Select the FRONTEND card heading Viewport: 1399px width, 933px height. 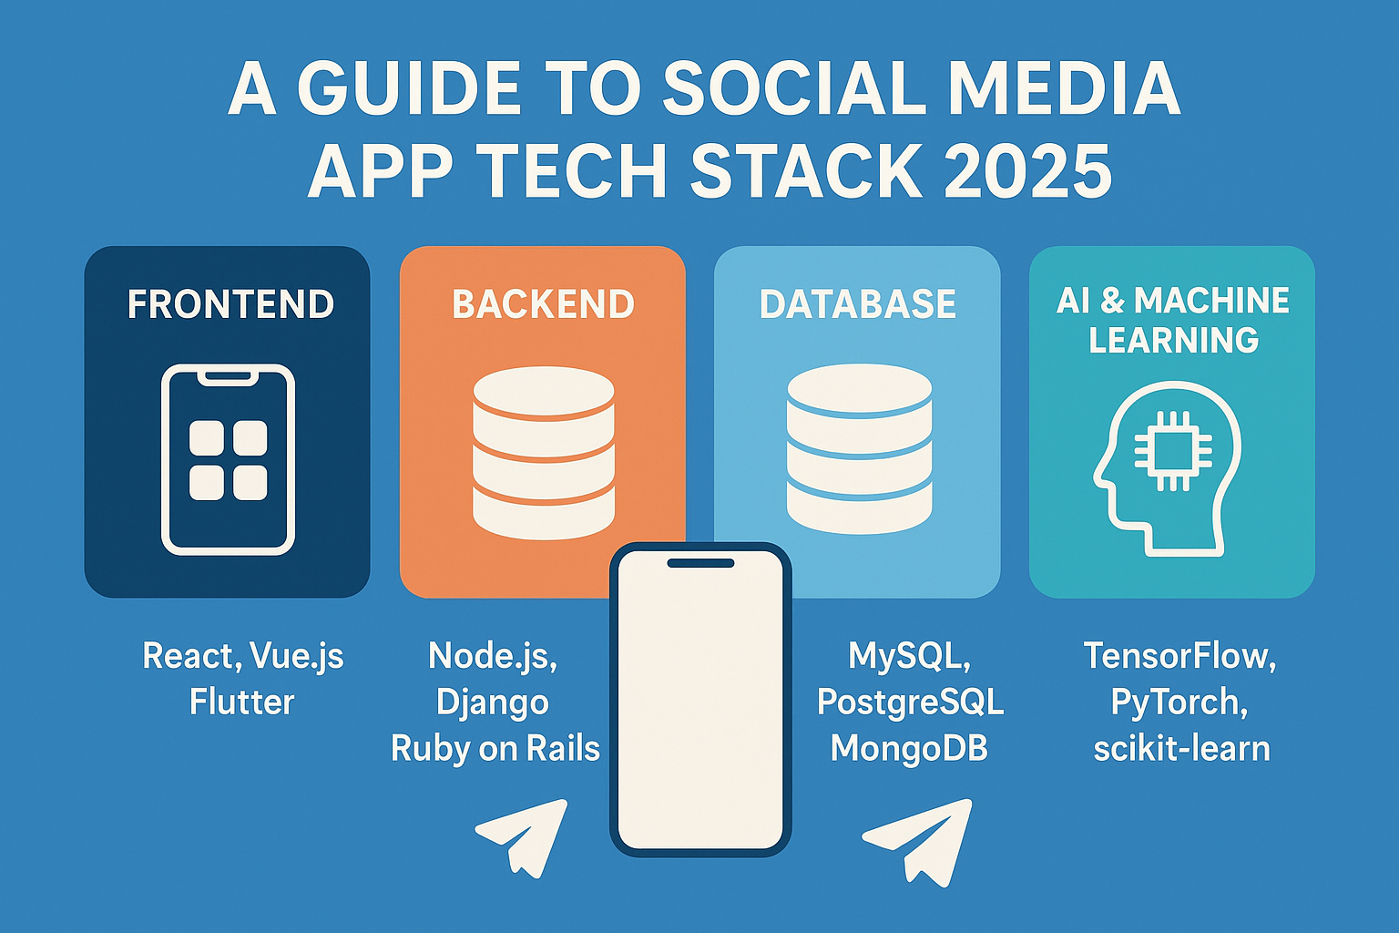(x=230, y=304)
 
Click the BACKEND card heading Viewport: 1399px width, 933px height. (x=543, y=304)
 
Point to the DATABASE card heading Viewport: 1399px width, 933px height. (x=857, y=304)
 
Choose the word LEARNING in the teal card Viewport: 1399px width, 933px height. (x=1173, y=341)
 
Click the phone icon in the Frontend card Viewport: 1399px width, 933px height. (x=228, y=459)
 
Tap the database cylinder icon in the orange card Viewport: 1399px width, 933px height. (x=544, y=452)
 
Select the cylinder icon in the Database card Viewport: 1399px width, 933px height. (x=858, y=449)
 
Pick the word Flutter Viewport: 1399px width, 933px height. (x=241, y=702)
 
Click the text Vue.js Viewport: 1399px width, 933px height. (x=296, y=656)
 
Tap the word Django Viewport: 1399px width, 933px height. (x=492, y=702)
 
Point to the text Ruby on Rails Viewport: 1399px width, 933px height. (x=495, y=749)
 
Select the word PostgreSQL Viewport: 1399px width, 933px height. (x=910, y=702)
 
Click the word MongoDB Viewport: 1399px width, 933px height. (x=909, y=749)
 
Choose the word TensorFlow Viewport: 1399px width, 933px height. (x=1179, y=656)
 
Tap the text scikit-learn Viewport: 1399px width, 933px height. (x=1181, y=749)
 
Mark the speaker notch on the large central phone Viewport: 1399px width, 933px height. (x=700, y=563)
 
